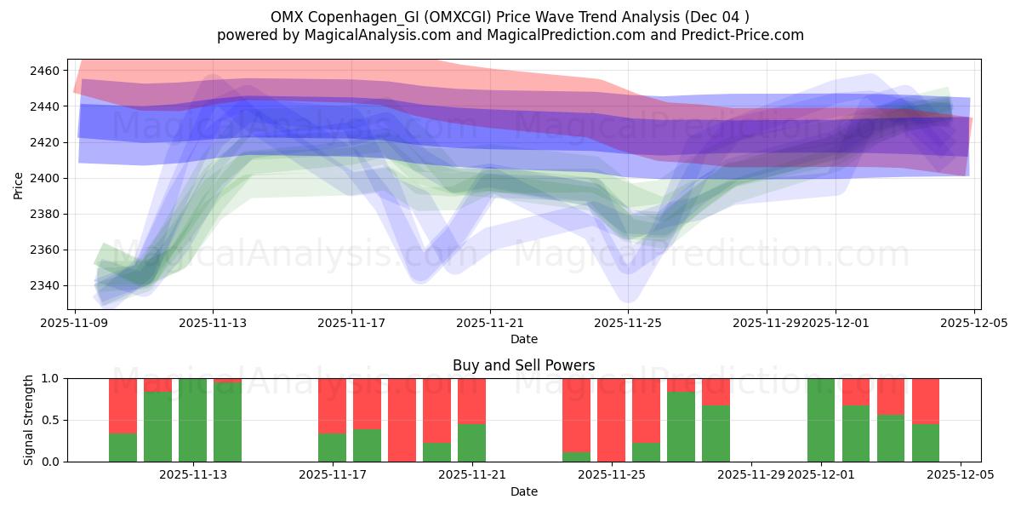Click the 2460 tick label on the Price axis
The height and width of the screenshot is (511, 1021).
(48, 71)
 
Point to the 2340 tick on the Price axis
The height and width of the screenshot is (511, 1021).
(48, 285)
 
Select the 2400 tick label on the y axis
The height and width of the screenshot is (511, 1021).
(48, 178)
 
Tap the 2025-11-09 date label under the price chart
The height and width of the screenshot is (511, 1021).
(76, 324)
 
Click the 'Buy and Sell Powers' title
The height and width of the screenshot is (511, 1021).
(523, 365)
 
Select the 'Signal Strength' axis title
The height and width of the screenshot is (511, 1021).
(29, 420)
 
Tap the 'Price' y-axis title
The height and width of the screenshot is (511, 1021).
(19, 184)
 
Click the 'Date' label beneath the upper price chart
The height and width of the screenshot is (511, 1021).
(523, 339)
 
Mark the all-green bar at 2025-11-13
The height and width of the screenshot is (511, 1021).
(192, 420)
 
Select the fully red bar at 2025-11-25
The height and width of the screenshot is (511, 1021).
(611, 420)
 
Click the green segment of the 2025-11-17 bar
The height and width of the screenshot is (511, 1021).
(332, 448)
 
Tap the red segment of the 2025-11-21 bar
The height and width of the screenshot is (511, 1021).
(471, 400)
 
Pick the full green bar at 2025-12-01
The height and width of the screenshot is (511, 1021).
(821, 420)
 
